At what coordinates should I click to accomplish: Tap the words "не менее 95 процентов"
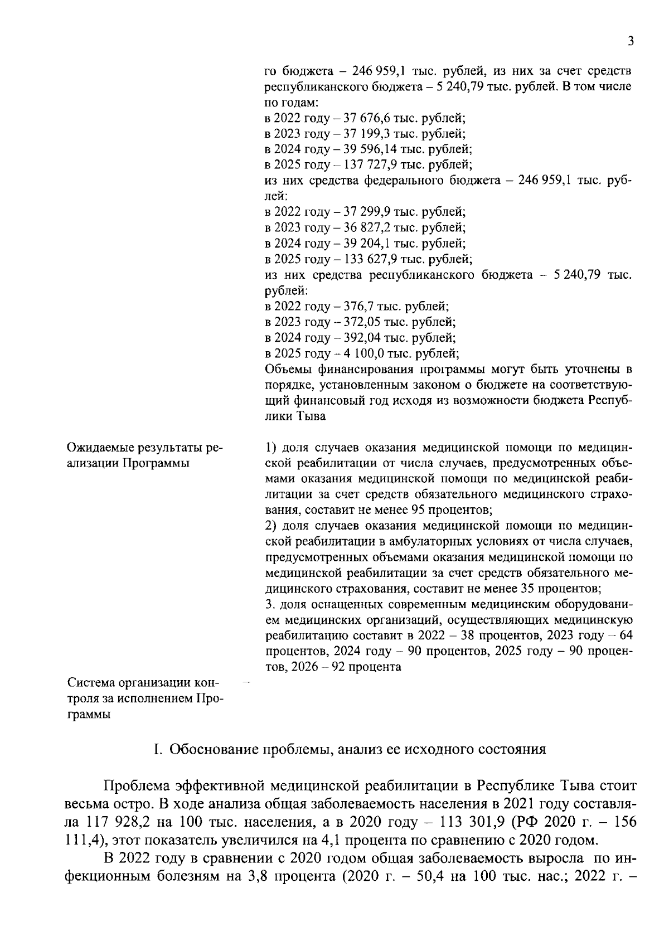(430, 510)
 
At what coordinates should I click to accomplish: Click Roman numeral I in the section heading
(157, 749)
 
